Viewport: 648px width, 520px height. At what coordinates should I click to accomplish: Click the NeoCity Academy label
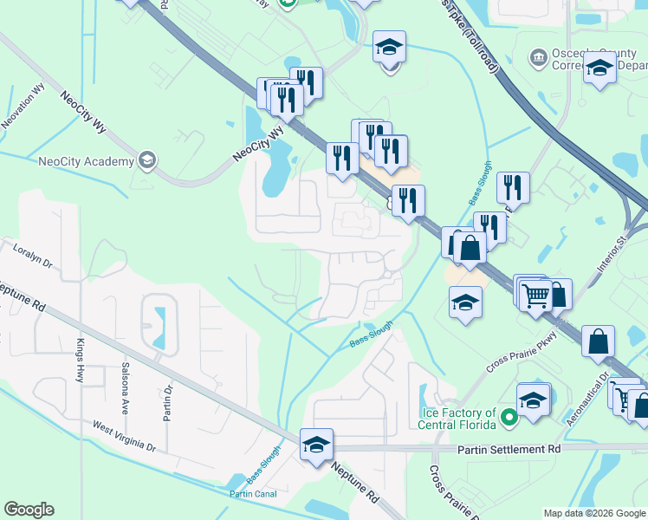(x=87, y=160)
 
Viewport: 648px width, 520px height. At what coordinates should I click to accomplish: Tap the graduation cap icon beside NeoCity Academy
(x=147, y=159)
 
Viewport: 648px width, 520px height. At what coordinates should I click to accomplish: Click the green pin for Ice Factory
(x=510, y=419)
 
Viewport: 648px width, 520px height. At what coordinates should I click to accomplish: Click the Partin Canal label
(x=252, y=494)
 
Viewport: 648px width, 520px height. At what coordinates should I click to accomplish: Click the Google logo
(x=28, y=510)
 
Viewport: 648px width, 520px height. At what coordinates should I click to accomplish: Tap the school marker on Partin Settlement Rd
(x=316, y=444)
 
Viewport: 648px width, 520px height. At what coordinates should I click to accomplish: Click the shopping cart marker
(x=536, y=296)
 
